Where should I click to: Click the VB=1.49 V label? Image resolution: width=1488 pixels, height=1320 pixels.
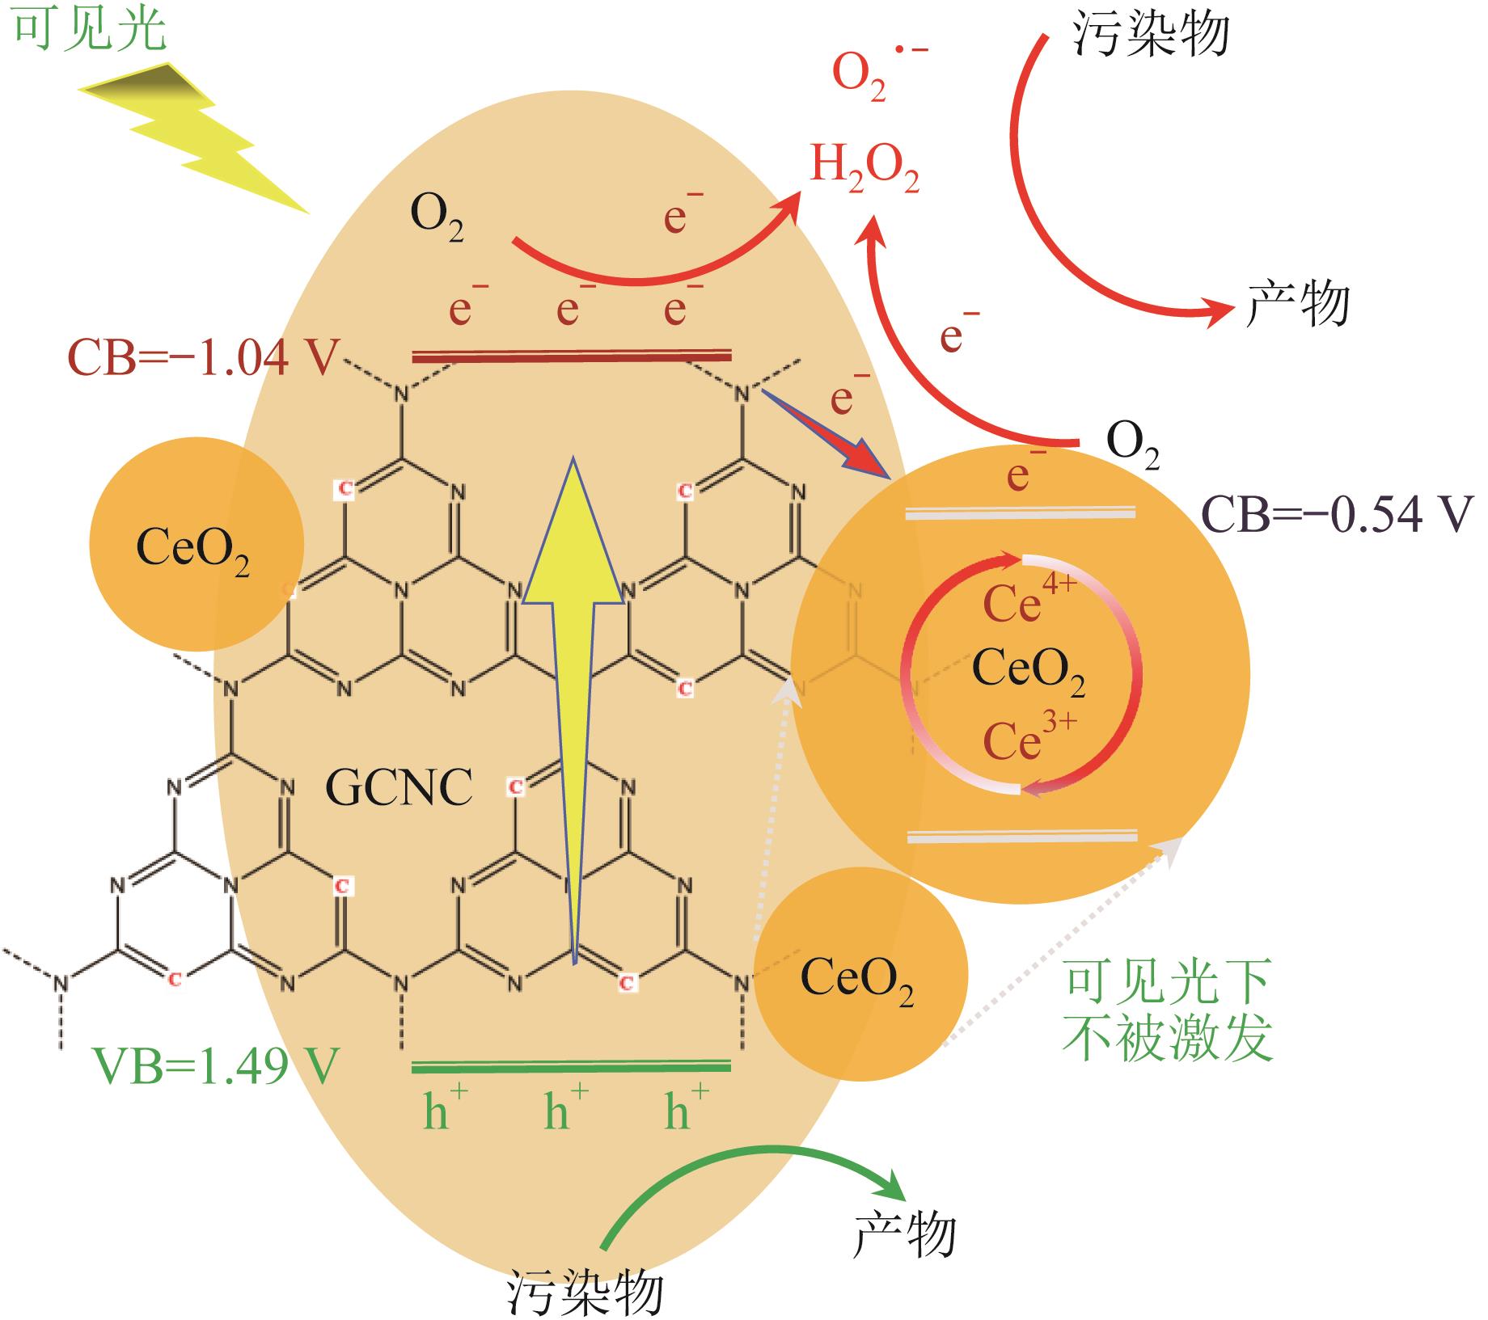point(214,1066)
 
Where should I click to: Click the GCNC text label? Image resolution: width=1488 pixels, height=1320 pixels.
point(399,787)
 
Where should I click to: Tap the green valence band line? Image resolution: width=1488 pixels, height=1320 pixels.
point(571,1067)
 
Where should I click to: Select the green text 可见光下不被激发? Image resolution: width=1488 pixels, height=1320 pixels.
point(1169,1010)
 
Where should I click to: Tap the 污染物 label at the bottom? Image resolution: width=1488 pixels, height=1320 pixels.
point(585,1293)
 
